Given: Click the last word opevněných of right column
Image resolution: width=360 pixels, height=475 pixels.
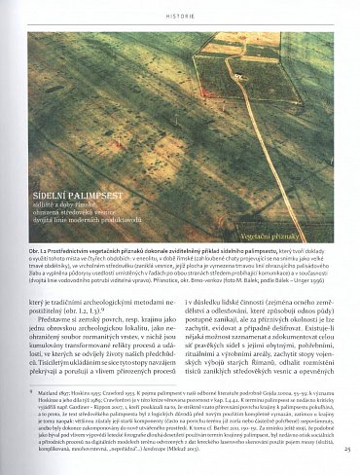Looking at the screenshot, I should tap(323, 371).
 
